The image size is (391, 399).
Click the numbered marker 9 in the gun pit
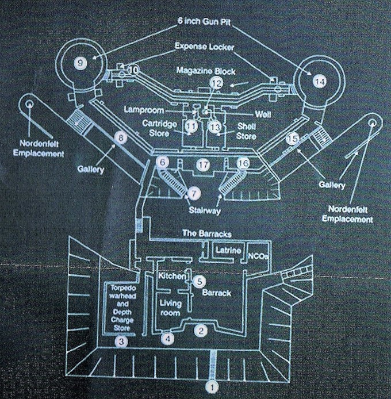click(x=81, y=62)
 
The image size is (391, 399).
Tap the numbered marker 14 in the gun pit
click(x=319, y=82)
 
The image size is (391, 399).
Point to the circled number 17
click(x=202, y=164)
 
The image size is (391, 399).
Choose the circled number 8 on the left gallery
click(x=120, y=137)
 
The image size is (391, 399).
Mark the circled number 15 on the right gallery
click(x=293, y=139)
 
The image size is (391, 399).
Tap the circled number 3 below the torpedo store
click(x=121, y=340)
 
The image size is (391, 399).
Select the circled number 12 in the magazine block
click(x=215, y=84)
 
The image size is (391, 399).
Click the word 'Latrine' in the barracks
click(x=228, y=251)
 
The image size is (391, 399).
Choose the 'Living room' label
click(x=170, y=308)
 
